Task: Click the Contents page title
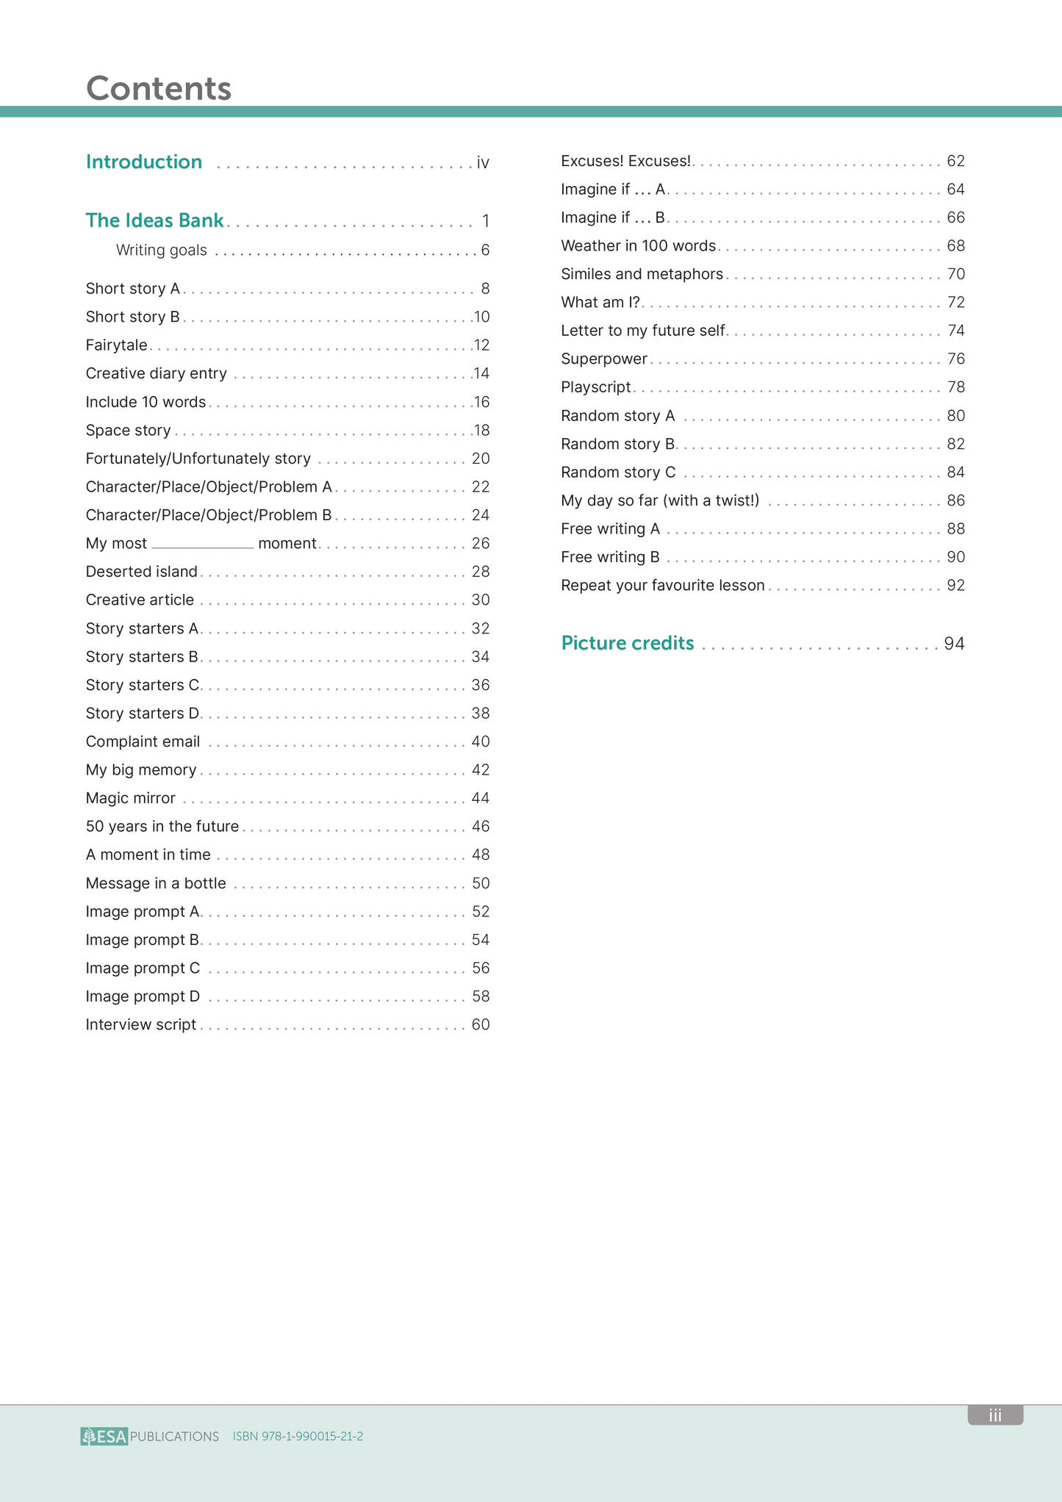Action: (x=159, y=88)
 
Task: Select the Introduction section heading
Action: (x=144, y=162)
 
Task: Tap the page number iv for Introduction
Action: (x=483, y=162)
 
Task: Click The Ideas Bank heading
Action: (x=154, y=220)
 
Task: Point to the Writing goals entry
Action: (x=162, y=251)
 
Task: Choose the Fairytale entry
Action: (x=116, y=345)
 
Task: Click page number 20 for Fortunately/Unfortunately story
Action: (x=481, y=459)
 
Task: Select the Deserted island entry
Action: (x=141, y=572)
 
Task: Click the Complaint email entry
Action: (x=143, y=741)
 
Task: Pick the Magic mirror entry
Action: (x=130, y=798)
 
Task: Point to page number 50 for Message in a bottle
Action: (x=481, y=883)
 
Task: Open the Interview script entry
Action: (x=140, y=1024)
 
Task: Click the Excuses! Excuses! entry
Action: (x=625, y=161)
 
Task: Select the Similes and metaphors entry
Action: (x=642, y=274)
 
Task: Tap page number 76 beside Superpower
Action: (x=955, y=359)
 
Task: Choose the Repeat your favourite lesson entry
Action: (x=662, y=586)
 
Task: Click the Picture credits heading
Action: (x=627, y=643)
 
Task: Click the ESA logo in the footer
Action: (x=104, y=1436)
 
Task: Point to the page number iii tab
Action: (x=995, y=1415)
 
